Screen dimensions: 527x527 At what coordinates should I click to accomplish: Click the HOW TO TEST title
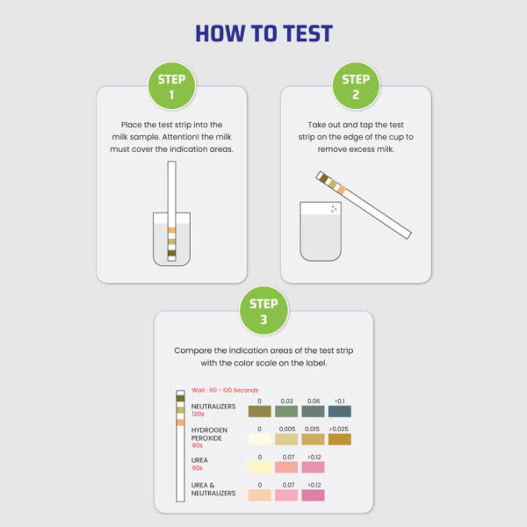point(263,34)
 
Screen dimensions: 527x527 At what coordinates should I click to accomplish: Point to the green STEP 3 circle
point(263,311)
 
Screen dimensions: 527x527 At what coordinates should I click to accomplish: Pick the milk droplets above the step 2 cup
point(333,209)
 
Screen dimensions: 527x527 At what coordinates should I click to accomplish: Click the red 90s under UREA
point(199,468)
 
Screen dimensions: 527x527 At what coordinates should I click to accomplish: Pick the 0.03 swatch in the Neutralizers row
point(286,411)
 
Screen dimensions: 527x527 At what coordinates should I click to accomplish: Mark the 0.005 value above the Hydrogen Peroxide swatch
point(286,429)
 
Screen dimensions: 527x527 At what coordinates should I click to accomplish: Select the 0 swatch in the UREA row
point(260,467)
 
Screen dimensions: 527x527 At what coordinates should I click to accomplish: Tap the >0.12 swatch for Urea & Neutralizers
point(313,495)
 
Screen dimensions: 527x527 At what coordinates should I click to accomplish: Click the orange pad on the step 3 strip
point(180,422)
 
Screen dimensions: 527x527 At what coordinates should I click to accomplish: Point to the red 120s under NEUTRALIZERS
point(199,414)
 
